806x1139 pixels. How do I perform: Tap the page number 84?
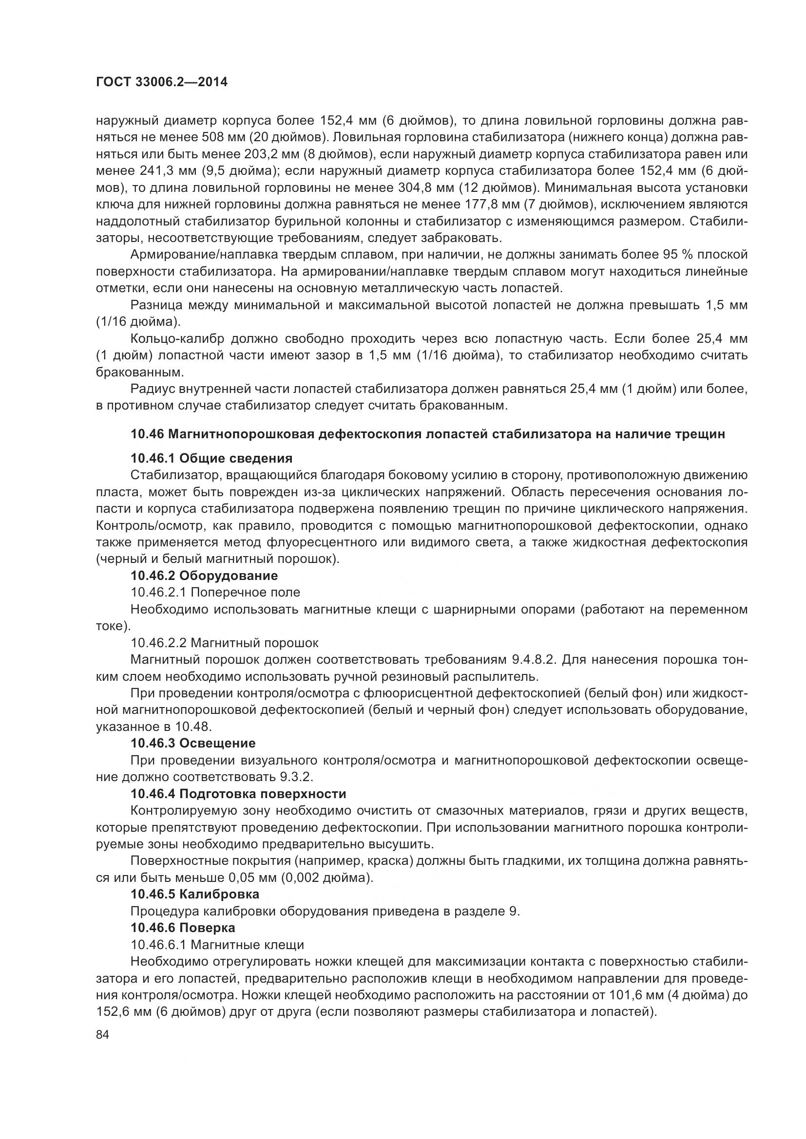tap(102, 1035)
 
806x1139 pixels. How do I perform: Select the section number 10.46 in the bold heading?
tap(147, 434)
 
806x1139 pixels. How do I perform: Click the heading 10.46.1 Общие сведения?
tap(211, 458)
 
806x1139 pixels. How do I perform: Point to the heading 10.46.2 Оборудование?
tap(204, 576)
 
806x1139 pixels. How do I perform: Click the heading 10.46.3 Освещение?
tap(193, 743)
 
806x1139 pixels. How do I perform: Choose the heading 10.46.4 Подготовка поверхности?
tap(238, 794)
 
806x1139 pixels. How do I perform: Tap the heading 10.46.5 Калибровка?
tap(194, 895)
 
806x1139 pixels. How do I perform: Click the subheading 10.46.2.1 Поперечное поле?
tap(215, 592)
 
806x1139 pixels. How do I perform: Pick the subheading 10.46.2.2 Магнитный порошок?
tap(224, 643)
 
